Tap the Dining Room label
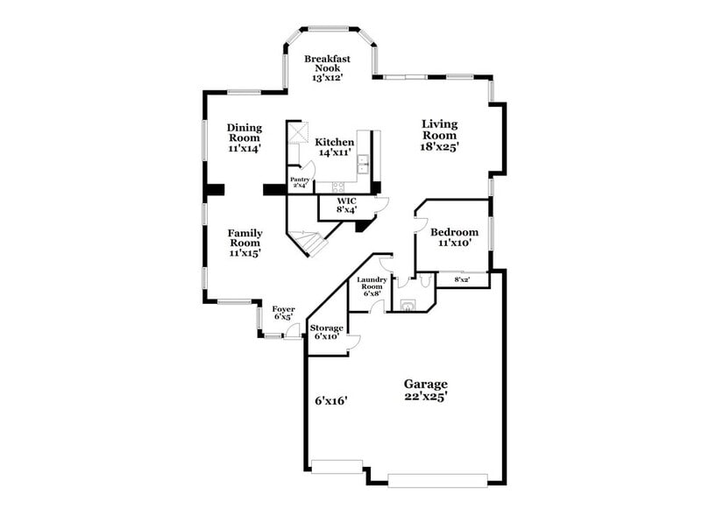pos(245,132)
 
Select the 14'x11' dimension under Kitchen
pos(334,152)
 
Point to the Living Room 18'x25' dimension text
pos(438,146)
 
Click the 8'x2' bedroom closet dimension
pos(462,279)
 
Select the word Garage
pos(425,384)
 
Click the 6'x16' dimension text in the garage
pos(331,400)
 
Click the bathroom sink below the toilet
pos(407,306)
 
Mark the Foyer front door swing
pos(294,329)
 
